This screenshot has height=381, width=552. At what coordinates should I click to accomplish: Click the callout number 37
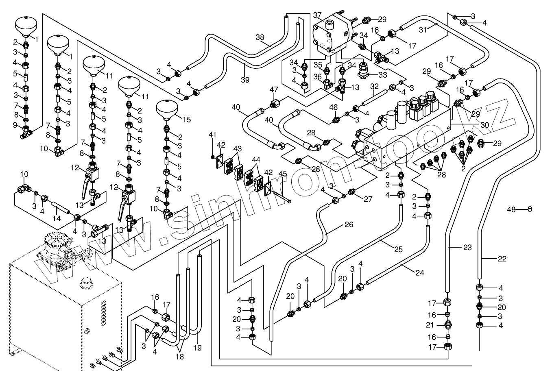click(x=317, y=15)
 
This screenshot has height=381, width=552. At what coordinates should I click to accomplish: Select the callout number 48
click(x=511, y=209)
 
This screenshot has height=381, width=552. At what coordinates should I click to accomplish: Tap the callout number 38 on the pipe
click(x=260, y=37)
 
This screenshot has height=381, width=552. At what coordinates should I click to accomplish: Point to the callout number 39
click(x=244, y=80)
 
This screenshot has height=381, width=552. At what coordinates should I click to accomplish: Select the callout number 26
click(x=349, y=224)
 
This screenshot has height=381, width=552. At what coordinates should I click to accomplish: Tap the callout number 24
click(x=420, y=273)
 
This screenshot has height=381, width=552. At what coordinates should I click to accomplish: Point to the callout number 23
click(x=467, y=246)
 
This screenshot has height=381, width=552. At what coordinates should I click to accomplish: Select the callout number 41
click(x=212, y=134)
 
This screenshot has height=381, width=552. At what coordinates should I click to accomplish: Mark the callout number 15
click(x=186, y=120)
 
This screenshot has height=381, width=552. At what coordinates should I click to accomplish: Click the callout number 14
click(x=57, y=218)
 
